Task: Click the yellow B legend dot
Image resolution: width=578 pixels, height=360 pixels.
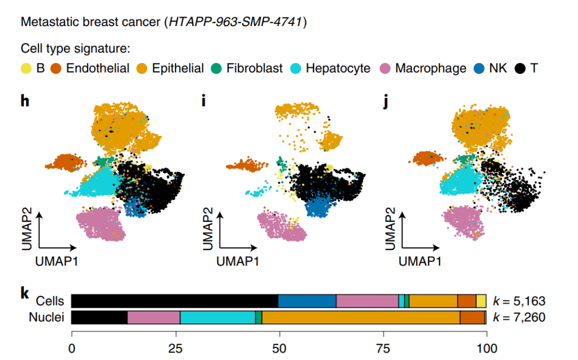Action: (25, 68)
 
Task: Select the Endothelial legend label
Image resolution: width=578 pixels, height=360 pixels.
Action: (97, 68)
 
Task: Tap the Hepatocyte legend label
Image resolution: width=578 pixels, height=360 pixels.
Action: (338, 68)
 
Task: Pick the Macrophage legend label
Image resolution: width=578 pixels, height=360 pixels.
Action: (430, 68)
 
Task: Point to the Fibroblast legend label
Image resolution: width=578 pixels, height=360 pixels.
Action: (254, 68)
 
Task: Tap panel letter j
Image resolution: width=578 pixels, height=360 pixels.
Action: (385, 101)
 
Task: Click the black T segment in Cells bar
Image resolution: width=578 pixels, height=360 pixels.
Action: (174, 301)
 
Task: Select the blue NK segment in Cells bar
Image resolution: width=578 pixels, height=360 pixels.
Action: (307, 301)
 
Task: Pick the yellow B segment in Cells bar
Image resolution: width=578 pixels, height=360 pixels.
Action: (481, 301)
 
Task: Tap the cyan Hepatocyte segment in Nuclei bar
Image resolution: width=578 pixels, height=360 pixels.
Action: (217, 317)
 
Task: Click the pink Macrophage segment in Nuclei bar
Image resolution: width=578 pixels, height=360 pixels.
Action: (153, 317)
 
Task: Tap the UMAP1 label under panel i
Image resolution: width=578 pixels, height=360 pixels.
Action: (237, 260)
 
